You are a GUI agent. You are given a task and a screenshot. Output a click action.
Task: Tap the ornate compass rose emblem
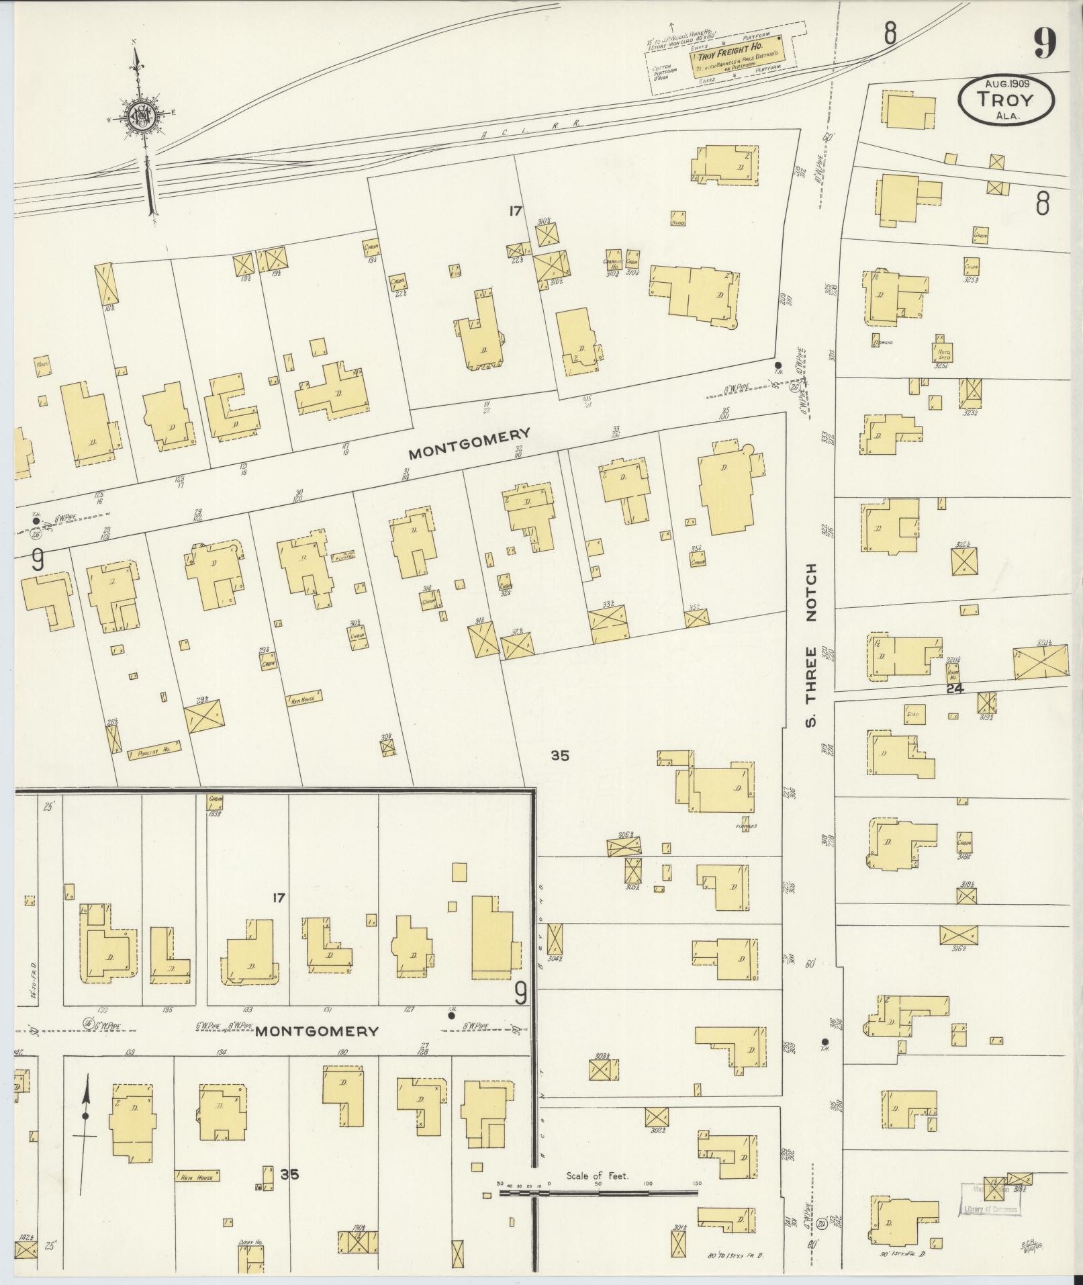tap(144, 115)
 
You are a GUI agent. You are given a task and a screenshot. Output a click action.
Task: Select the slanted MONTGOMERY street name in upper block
tap(470, 443)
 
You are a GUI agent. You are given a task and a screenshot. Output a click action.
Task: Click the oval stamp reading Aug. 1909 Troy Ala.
tap(1006, 99)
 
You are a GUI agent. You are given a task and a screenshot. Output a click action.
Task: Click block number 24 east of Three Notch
tap(954, 689)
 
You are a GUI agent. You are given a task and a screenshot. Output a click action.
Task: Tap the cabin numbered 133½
tap(215, 804)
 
